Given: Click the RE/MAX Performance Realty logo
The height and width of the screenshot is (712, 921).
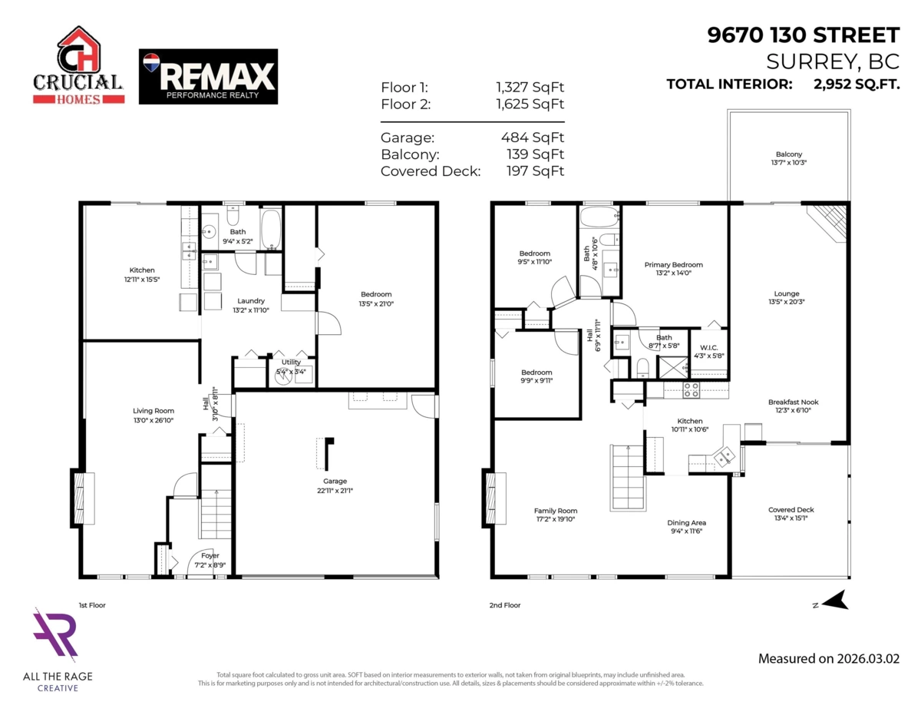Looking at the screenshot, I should [x=208, y=77].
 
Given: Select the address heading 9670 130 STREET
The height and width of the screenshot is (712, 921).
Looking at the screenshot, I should [x=804, y=35].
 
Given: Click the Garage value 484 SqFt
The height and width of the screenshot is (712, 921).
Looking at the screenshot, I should [x=532, y=137].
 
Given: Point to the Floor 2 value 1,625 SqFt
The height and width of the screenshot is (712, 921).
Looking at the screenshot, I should [x=530, y=104].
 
